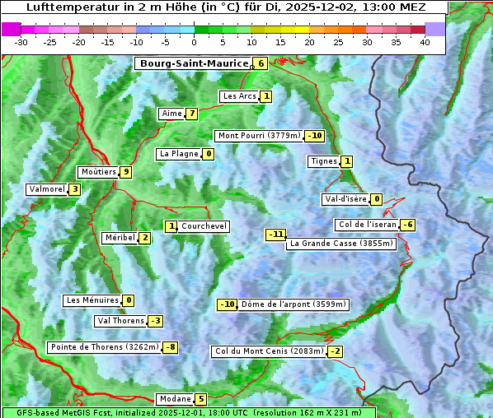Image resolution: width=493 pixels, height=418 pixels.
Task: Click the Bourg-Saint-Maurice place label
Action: [194, 63]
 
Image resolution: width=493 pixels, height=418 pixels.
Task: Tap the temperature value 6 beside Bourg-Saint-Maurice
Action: [261, 63]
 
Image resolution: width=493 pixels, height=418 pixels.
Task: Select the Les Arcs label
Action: [239, 96]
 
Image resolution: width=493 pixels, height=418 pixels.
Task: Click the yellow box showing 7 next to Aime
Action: [191, 114]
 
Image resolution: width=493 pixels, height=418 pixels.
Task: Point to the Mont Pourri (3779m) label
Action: [258, 136]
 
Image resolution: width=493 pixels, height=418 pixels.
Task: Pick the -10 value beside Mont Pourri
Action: [314, 136]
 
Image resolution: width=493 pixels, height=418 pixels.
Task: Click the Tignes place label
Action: [323, 161]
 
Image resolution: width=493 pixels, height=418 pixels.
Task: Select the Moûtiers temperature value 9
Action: [125, 172]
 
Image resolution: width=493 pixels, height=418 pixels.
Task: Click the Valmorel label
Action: [46, 189]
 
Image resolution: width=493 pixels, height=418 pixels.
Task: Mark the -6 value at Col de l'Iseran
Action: [407, 225]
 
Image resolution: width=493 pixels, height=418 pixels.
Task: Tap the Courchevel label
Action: [204, 226]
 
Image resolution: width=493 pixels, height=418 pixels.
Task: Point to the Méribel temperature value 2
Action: [144, 238]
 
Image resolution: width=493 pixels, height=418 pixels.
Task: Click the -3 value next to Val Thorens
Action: [155, 321]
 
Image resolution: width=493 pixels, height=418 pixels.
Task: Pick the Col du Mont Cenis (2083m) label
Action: [268, 351]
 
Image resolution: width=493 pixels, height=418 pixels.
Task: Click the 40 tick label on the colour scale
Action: [425, 41]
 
